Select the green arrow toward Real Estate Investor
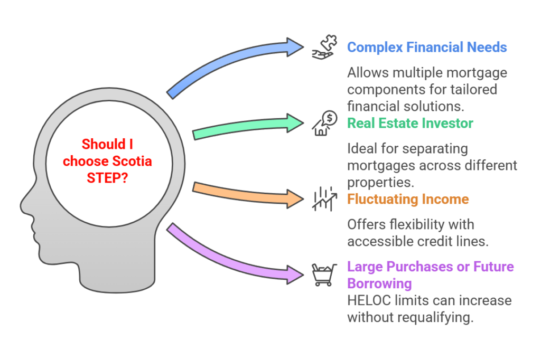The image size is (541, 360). (248, 126)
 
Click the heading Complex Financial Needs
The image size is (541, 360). (427, 47)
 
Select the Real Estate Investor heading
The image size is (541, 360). (410, 124)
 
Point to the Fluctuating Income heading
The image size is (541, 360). (408, 200)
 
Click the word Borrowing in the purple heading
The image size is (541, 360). (379, 283)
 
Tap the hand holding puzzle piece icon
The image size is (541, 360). (323, 46)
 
